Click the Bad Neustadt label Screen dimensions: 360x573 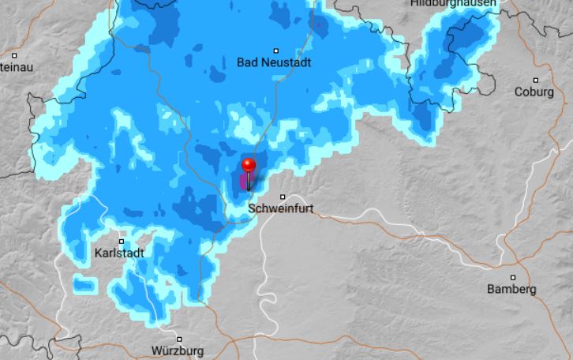point(274,62)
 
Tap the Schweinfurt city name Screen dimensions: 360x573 point(281,209)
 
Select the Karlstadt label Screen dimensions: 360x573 point(119,253)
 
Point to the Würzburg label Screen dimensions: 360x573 point(178,351)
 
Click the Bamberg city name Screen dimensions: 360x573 point(511,289)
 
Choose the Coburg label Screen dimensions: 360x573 point(534,92)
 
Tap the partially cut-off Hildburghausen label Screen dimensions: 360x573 point(453,4)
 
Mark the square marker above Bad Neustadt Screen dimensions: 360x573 point(275,50)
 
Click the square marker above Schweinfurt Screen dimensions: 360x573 point(283,197)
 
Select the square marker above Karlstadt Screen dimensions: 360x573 point(122,242)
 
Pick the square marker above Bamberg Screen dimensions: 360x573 point(513,277)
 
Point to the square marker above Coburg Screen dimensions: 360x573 point(536,80)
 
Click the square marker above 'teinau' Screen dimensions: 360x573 point(15,55)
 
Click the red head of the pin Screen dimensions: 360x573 point(249,165)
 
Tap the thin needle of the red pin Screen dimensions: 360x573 point(249,182)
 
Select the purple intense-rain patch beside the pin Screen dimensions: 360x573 point(243,183)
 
